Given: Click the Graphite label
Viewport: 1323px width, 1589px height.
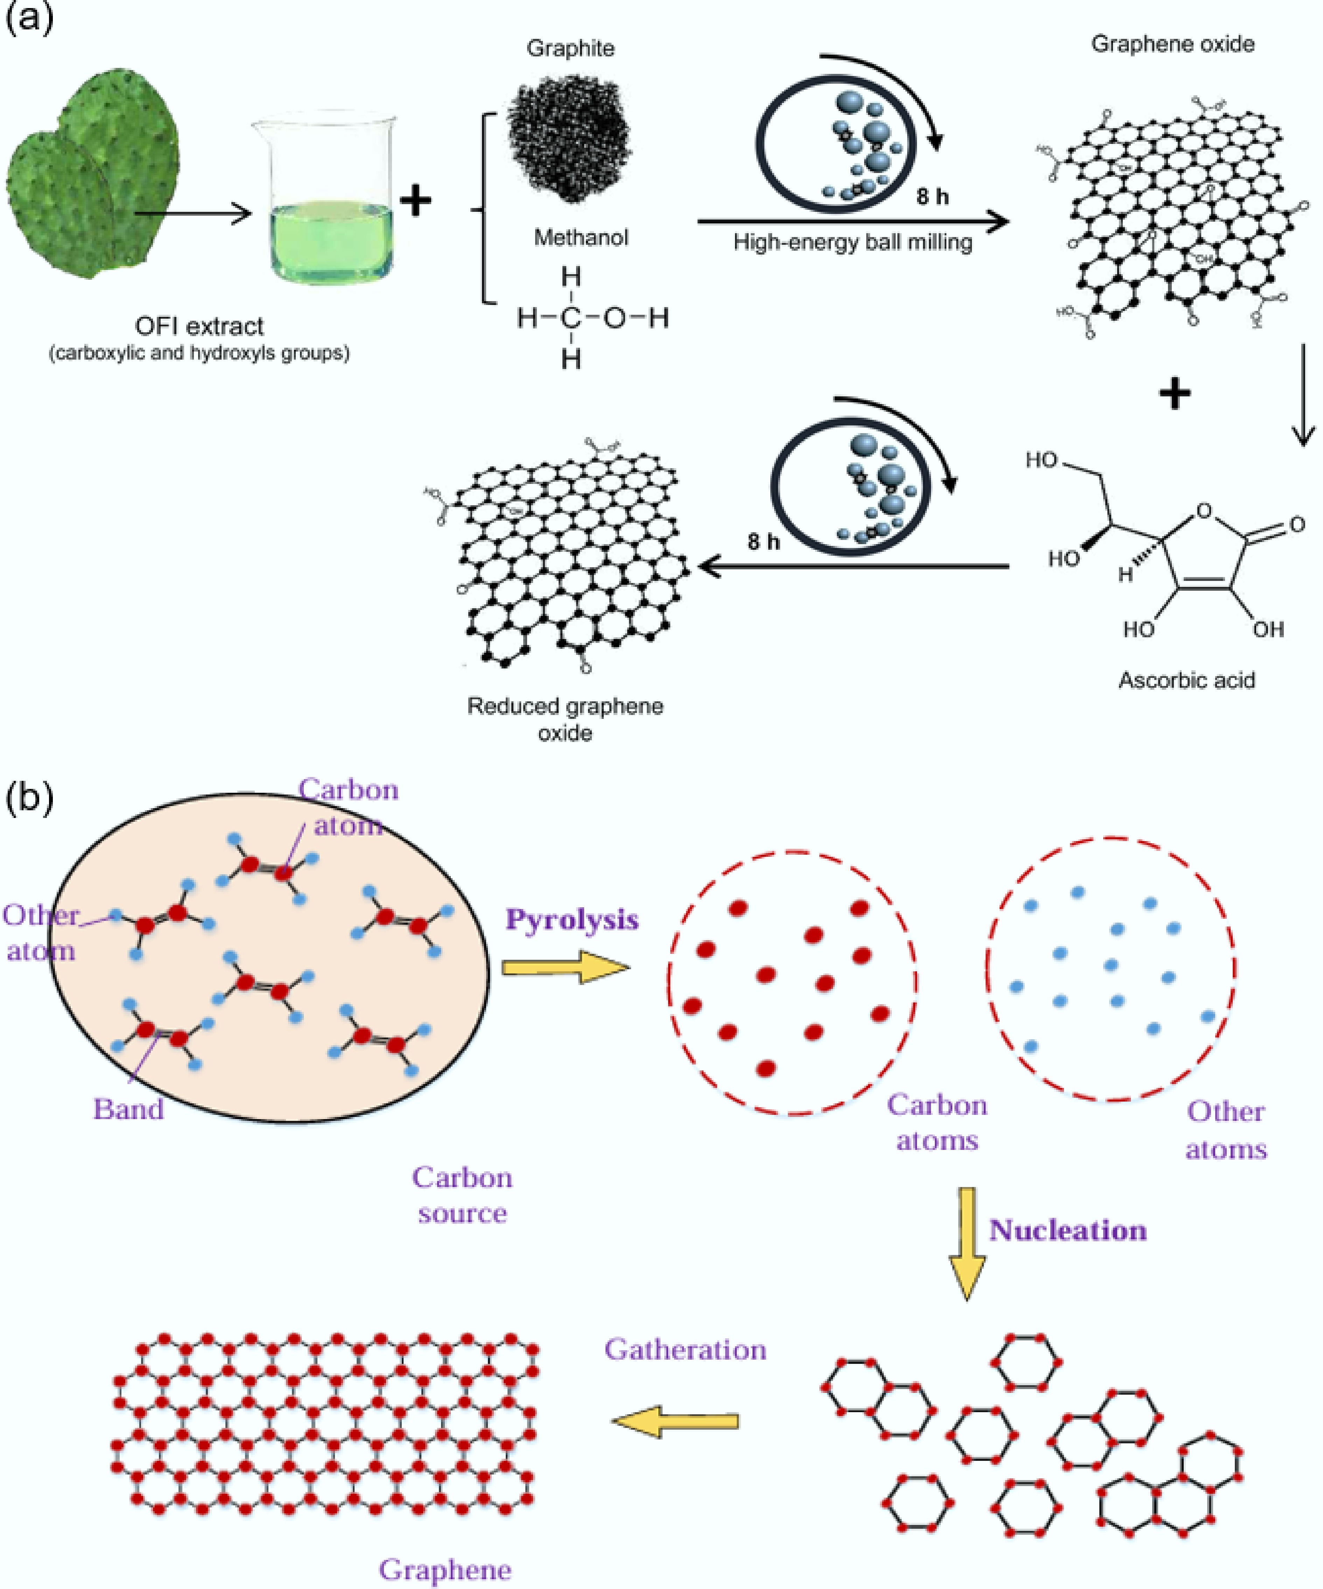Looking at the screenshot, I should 570,48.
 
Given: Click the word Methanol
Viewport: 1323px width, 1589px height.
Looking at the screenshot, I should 581,238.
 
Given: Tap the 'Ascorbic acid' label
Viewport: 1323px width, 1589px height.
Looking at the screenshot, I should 1186,680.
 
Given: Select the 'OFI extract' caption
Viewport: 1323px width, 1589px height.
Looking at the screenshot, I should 199,326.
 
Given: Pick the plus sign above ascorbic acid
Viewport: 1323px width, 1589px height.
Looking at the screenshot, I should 1174,394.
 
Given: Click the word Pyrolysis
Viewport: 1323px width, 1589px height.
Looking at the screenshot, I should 572,920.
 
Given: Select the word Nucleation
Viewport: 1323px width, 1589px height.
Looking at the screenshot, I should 1067,1230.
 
